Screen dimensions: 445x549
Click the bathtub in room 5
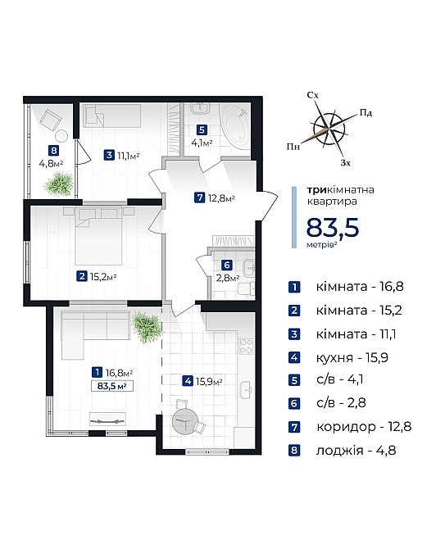click(x=235, y=128)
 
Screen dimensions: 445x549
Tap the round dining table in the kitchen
click(x=185, y=421)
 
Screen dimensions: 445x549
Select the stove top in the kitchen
click(x=246, y=346)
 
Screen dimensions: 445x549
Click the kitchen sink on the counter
click(x=247, y=390)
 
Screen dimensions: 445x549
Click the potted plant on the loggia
click(x=59, y=184)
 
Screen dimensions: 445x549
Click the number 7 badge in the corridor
click(x=199, y=197)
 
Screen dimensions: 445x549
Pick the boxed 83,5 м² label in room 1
click(x=111, y=386)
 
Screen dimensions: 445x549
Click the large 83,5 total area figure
click(x=333, y=228)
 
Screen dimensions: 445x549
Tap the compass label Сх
click(x=313, y=95)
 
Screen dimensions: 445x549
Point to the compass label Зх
click(x=346, y=163)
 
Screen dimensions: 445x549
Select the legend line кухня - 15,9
click(x=352, y=357)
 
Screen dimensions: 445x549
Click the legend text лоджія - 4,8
click(x=356, y=451)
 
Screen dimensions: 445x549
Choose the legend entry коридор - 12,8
click(x=364, y=427)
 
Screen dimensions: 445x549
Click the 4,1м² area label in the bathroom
click(x=202, y=143)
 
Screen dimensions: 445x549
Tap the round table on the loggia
click(x=61, y=136)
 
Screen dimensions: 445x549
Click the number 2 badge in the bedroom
click(x=82, y=276)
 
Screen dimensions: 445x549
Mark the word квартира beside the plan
click(x=332, y=202)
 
